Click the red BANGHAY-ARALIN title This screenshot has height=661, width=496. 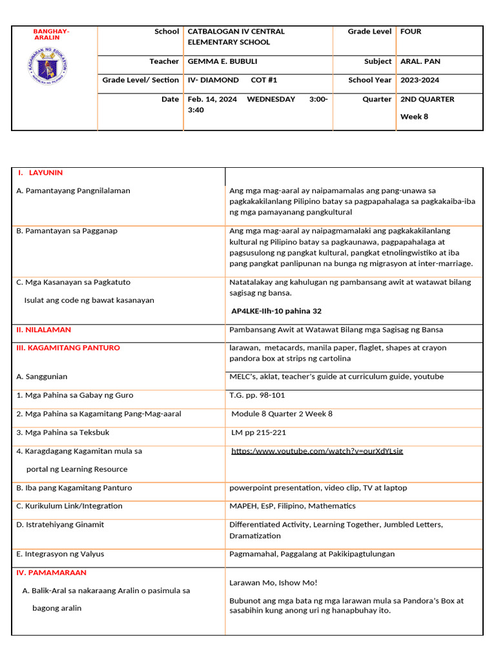pyautogui.click(x=51, y=34)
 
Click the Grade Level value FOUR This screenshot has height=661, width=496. pyautogui.click(x=411, y=31)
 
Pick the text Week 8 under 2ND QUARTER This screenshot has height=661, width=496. pyautogui.click(x=414, y=117)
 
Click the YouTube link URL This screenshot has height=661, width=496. pyautogui.click(x=317, y=451)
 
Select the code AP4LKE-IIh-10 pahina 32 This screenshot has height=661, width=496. pyautogui.click(x=276, y=311)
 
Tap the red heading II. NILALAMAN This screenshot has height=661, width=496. pyautogui.click(x=43, y=330)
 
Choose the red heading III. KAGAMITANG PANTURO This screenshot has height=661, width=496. pyautogui.click(x=68, y=348)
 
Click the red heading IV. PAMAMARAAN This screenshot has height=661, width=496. pyautogui.click(x=51, y=573)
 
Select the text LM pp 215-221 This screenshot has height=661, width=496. pyautogui.click(x=258, y=432)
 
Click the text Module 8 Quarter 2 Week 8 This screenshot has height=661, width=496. pyautogui.click(x=282, y=414)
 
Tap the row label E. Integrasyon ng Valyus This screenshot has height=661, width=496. pyautogui.click(x=60, y=554)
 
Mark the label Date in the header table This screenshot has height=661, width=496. pyautogui.click(x=170, y=99)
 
